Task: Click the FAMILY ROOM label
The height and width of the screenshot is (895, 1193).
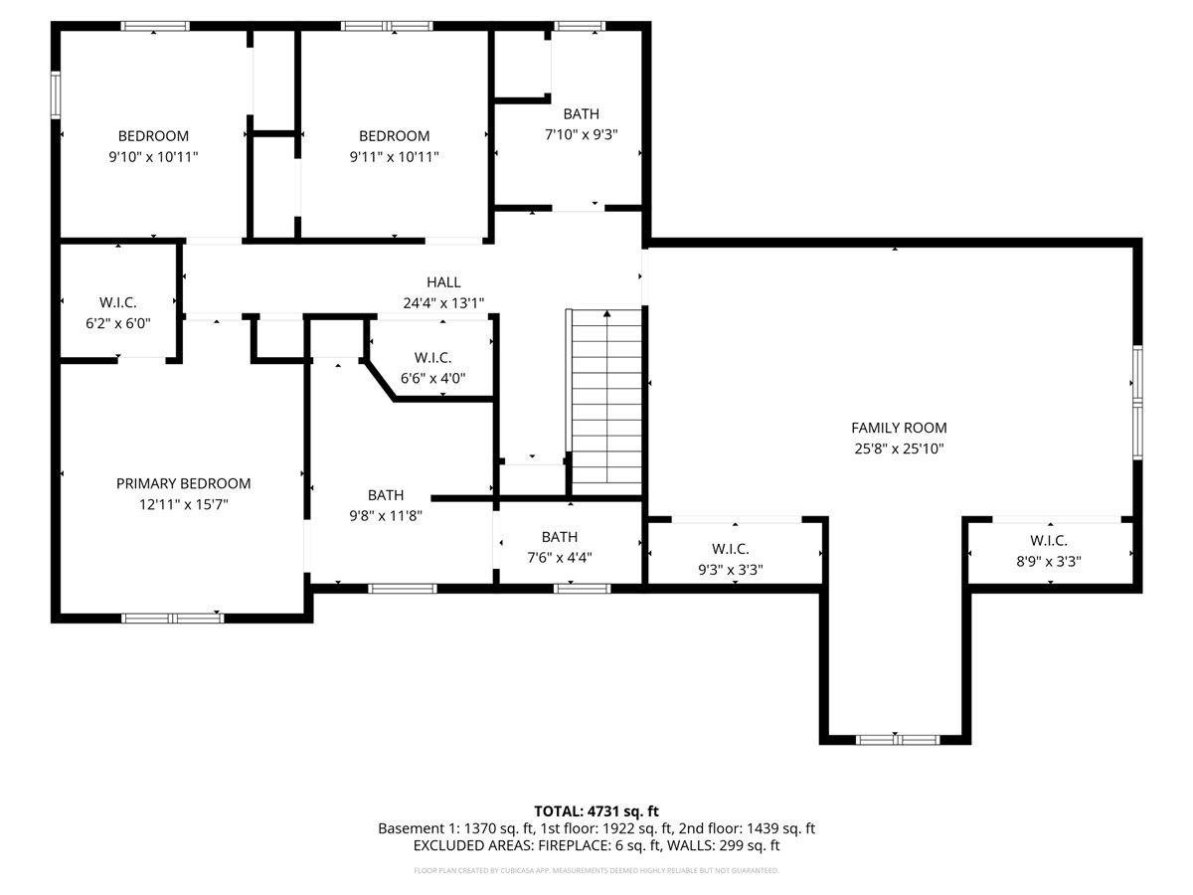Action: click(899, 428)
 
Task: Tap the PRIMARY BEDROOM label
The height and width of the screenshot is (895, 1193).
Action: click(183, 483)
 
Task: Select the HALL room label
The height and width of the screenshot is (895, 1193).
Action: click(443, 282)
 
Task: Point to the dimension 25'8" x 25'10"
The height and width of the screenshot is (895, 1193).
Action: click(899, 448)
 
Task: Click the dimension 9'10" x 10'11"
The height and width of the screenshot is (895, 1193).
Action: click(153, 156)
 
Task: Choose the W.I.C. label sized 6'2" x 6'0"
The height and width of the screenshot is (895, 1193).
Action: click(117, 302)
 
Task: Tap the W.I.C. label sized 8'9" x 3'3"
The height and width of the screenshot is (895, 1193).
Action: click(1048, 541)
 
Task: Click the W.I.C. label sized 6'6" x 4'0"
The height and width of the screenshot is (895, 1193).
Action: click(432, 357)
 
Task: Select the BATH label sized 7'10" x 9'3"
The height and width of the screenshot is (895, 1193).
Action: click(581, 114)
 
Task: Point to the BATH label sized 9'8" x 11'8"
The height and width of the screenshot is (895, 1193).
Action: click(386, 495)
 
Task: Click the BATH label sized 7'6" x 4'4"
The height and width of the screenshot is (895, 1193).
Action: click(560, 537)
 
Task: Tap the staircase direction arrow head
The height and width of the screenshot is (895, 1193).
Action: click(606, 315)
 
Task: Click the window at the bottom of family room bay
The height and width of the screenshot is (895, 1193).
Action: click(898, 739)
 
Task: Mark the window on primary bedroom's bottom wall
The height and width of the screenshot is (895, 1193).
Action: click(173, 618)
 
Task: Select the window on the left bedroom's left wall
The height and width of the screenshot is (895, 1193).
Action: click(57, 96)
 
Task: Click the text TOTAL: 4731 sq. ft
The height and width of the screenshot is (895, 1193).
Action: click(596, 810)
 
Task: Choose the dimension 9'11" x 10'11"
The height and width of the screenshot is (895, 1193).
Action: click(394, 156)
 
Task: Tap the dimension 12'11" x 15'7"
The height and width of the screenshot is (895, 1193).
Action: click(183, 504)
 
